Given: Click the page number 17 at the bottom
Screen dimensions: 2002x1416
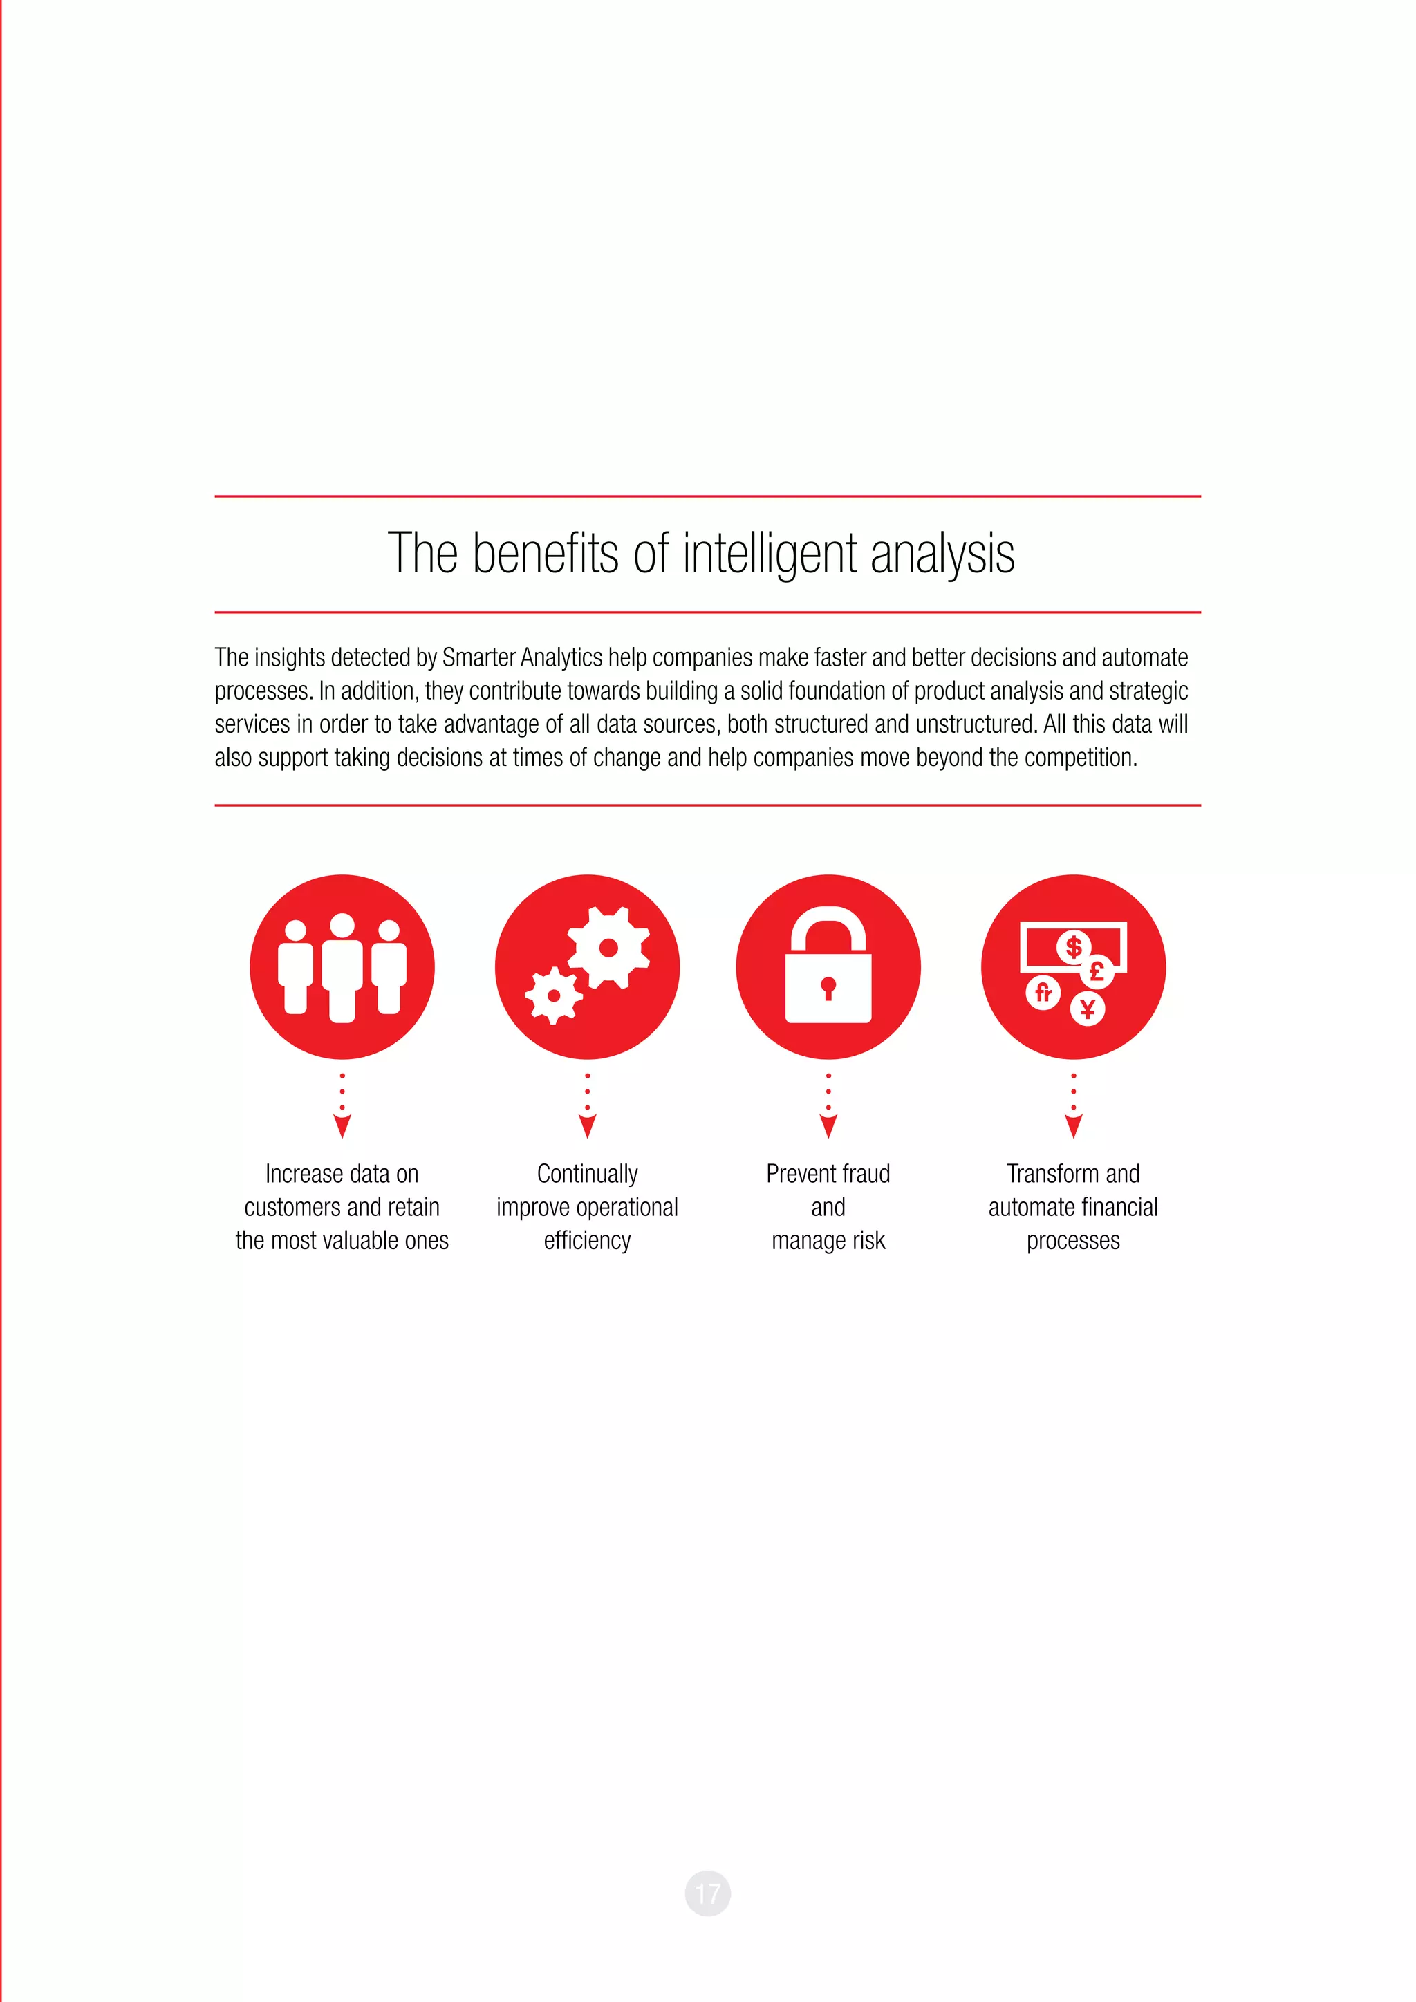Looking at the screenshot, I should [707, 1893].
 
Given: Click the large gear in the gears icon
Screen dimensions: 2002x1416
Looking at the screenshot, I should [608, 948].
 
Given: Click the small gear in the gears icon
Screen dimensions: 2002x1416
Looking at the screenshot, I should [554, 995].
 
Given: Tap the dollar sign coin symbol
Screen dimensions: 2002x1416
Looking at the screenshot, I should [1073, 947].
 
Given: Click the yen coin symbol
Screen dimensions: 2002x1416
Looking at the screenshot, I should [1088, 1009].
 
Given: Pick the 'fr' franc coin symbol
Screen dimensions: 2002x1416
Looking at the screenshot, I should [1043, 992].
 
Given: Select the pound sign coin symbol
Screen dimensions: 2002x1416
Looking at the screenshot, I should [1097, 971].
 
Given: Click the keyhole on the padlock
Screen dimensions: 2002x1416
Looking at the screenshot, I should [828, 987].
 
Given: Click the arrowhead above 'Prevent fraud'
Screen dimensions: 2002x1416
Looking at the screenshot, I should [828, 1127].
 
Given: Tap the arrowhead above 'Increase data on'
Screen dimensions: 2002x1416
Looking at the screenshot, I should [342, 1127].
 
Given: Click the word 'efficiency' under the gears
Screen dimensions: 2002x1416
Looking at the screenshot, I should [587, 1241].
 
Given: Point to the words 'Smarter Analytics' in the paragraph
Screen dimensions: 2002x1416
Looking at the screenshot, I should [522, 657].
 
